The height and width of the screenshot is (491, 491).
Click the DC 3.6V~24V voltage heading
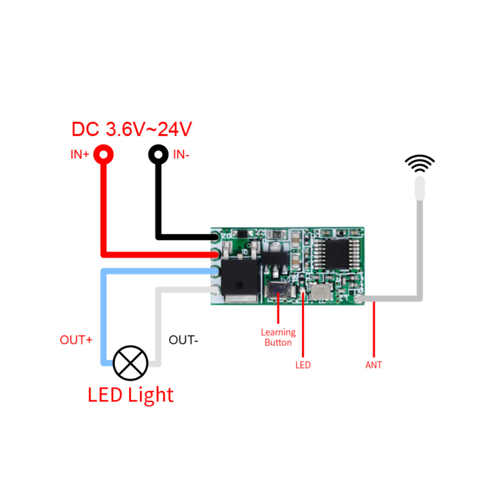(132, 129)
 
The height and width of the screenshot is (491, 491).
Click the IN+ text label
(80, 155)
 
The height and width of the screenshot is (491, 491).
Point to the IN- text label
(181, 155)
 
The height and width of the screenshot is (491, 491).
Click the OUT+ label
(76, 340)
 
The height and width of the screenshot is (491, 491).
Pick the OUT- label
(184, 340)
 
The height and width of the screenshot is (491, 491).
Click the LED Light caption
(130, 395)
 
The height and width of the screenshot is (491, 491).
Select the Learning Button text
(278, 337)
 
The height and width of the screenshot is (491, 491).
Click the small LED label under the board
(303, 365)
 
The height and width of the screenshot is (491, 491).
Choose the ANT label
(373, 365)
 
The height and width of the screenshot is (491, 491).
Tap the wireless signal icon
(420, 163)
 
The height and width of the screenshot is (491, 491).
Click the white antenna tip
(420, 188)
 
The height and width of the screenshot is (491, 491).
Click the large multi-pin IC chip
(336, 254)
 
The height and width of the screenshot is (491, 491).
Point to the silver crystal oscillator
(320, 292)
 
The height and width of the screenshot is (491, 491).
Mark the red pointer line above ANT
(374, 329)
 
